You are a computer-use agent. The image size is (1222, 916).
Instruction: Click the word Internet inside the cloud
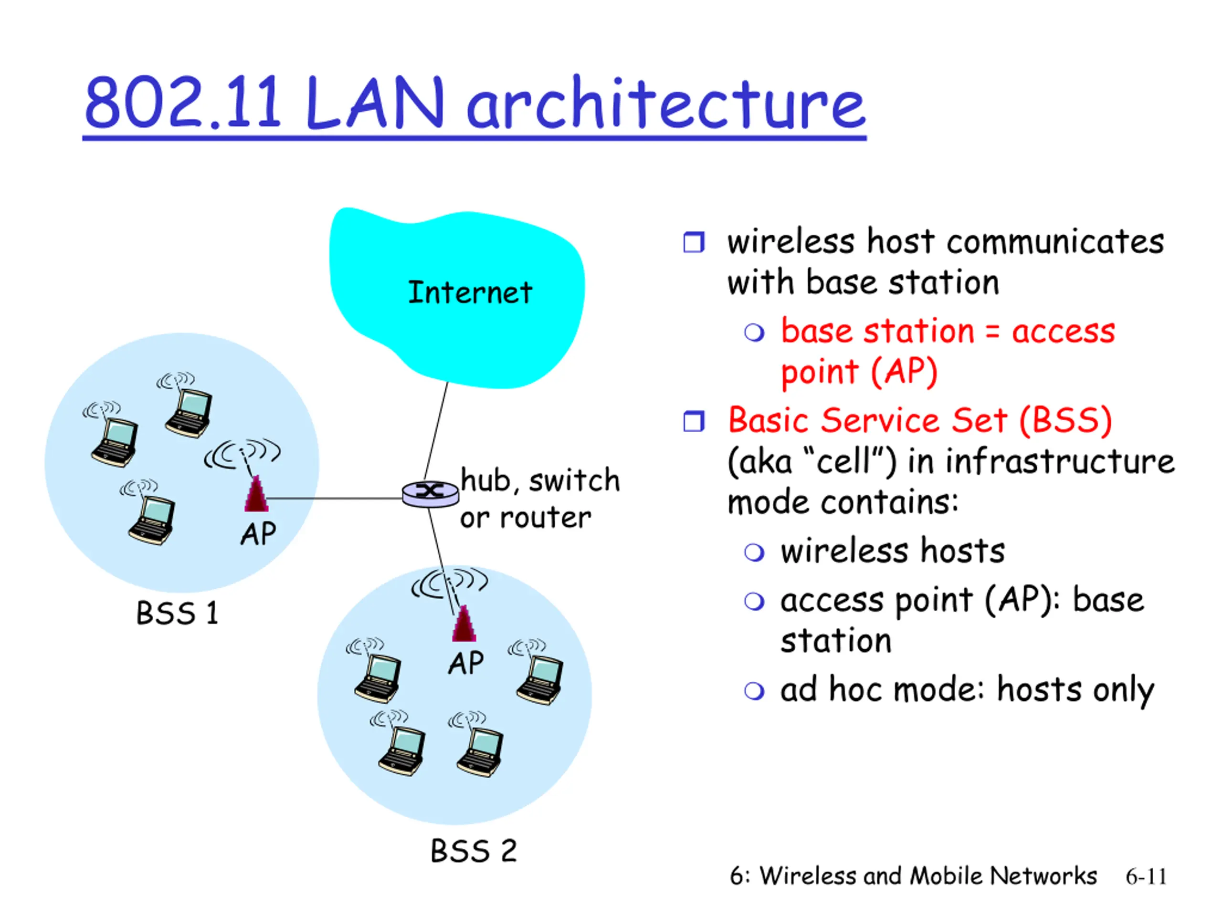(x=470, y=292)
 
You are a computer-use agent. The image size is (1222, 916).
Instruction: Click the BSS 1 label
(x=178, y=613)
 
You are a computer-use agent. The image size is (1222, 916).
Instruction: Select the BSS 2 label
(x=474, y=850)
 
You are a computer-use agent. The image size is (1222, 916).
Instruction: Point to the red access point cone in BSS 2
(x=464, y=624)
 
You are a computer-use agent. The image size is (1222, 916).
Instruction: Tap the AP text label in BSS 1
(x=258, y=534)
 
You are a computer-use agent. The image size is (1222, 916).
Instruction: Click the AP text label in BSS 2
(x=466, y=663)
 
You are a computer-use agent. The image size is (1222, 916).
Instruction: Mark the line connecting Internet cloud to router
(x=436, y=431)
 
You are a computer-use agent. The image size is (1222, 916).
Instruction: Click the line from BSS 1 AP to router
(x=335, y=499)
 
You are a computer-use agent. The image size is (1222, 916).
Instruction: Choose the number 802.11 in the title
(x=183, y=103)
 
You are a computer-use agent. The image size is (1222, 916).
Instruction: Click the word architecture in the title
(x=666, y=103)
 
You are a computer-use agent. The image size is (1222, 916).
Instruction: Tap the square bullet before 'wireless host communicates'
(x=694, y=242)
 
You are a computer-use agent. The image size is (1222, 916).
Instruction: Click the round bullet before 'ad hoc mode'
(x=754, y=691)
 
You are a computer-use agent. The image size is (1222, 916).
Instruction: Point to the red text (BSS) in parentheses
(x=1065, y=421)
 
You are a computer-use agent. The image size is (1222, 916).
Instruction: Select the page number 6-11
(x=1146, y=877)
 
